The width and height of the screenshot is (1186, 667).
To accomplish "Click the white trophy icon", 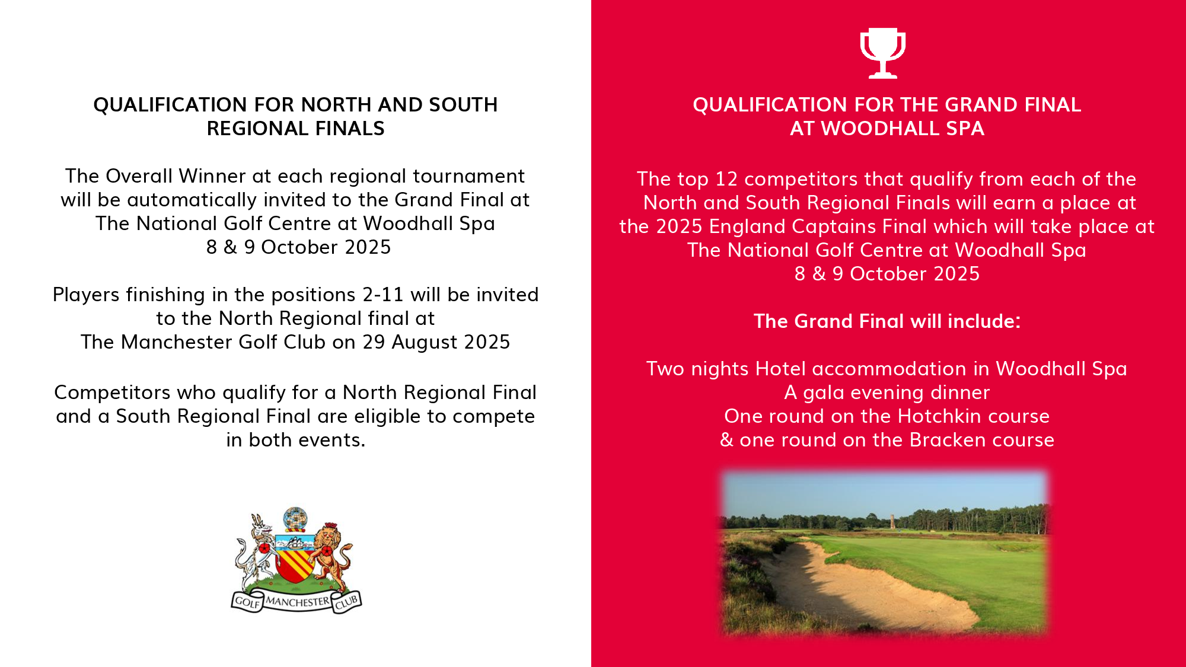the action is pos(882,53).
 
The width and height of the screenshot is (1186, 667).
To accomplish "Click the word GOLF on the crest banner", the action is pos(247,602).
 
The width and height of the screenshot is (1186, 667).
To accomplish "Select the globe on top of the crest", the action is pos(295,519).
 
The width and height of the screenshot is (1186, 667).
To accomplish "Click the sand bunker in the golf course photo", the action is pos(854,587).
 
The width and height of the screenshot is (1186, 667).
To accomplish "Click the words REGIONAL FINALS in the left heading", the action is pos(295,129).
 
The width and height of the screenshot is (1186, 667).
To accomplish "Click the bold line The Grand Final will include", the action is pos(887,321).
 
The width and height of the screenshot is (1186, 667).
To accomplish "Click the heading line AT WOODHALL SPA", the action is pos(887,129).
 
